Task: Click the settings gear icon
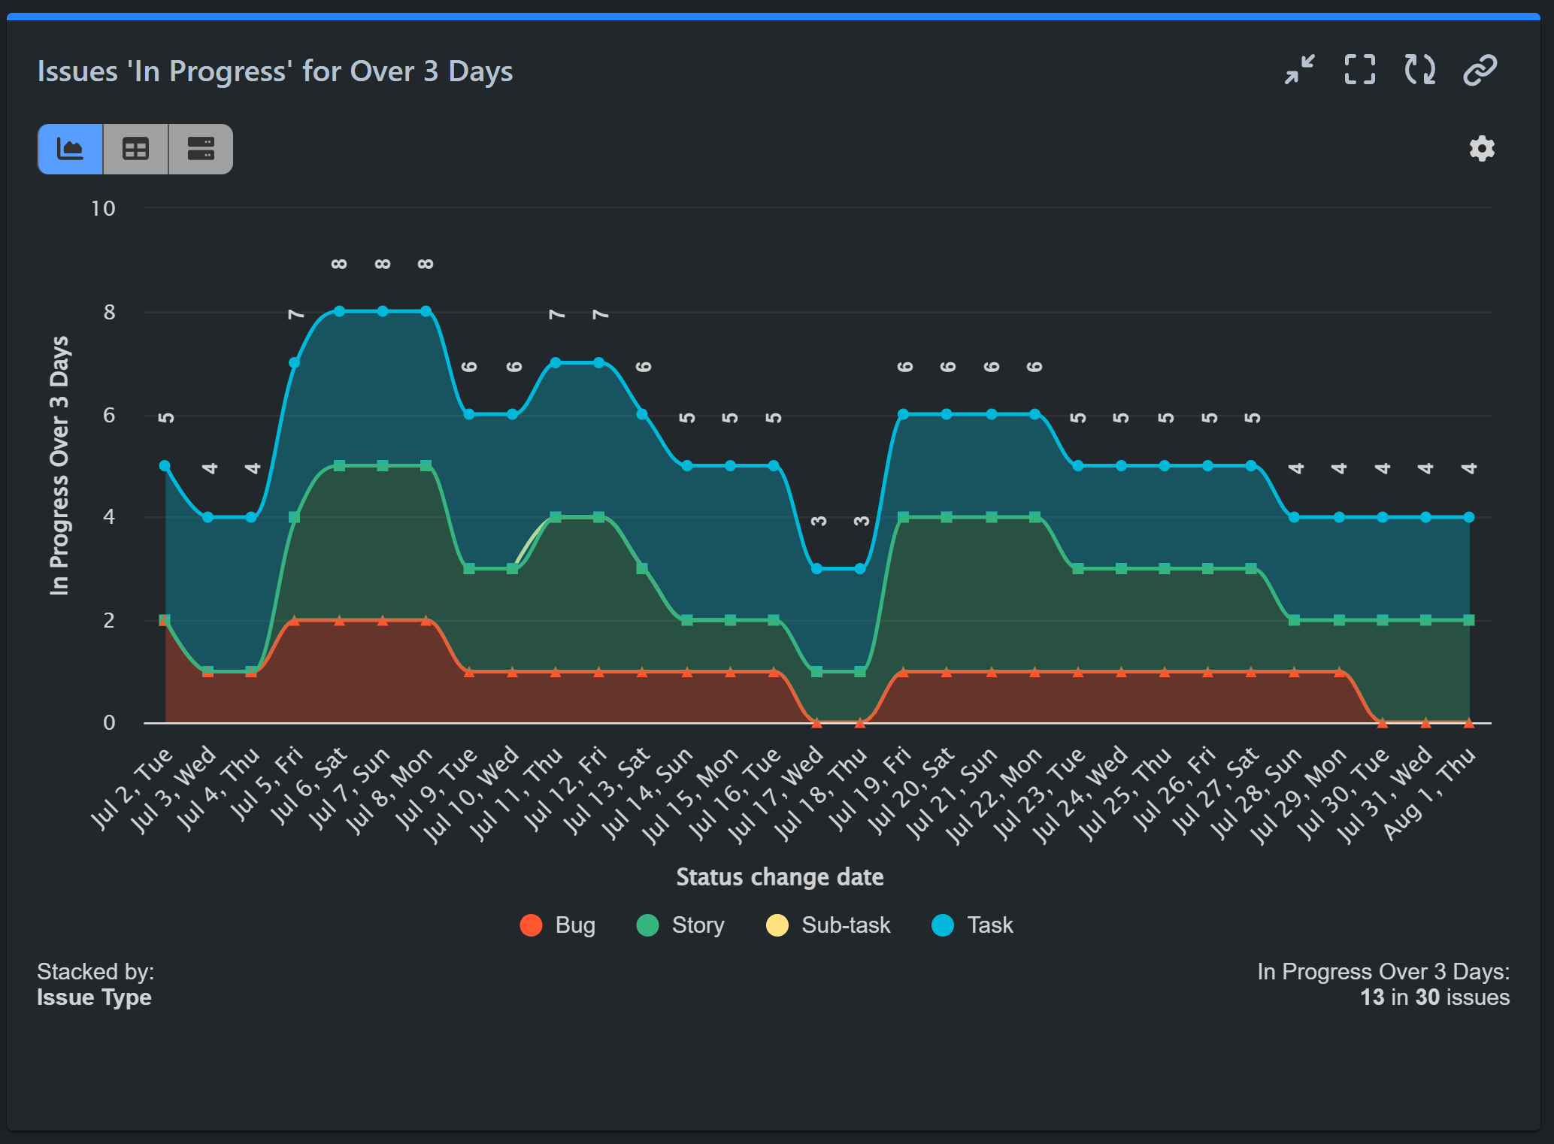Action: (x=1481, y=149)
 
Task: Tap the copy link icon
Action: (x=1480, y=70)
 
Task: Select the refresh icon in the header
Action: (x=1419, y=70)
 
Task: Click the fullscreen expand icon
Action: (x=1359, y=70)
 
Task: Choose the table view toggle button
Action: (x=135, y=149)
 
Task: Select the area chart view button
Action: (x=70, y=149)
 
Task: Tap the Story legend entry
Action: (x=680, y=925)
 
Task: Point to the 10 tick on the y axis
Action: (x=103, y=208)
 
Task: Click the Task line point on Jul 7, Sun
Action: (x=383, y=311)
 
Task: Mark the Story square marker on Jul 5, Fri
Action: (x=295, y=517)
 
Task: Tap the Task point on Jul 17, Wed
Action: (x=816, y=569)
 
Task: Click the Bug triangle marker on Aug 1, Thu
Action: (x=1468, y=723)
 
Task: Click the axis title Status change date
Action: (x=780, y=877)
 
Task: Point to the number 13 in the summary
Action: (x=1372, y=997)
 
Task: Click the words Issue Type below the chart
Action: (x=94, y=997)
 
